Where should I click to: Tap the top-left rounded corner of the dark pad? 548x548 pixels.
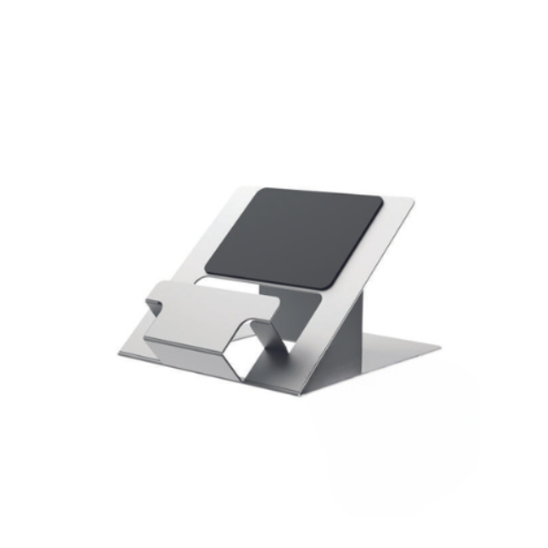(x=255, y=193)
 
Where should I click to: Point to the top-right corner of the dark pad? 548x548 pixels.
(x=378, y=198)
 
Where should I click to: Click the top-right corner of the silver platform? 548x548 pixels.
(x=412, y=203)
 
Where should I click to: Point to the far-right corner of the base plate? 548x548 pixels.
(x=440, y=348)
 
